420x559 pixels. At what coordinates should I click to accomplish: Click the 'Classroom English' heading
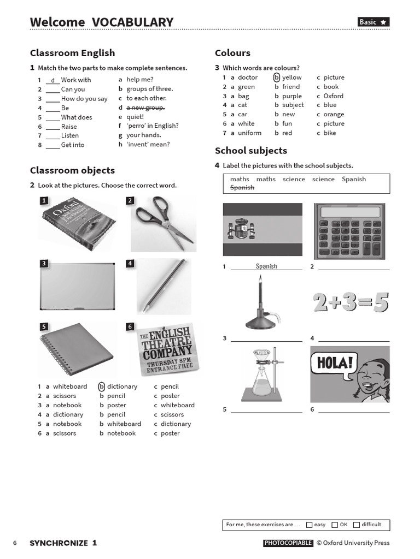coord(72,53)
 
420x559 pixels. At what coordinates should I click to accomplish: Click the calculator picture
coord(351,231)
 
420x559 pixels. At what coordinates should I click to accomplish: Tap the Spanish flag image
coord(262,229)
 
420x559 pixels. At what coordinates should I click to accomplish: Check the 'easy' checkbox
coord(310,525)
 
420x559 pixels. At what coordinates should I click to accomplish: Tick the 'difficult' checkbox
coord(357,525)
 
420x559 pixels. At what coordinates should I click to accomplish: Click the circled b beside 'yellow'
coord(277,78)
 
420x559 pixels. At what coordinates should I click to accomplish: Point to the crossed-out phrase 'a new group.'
coord(145,108)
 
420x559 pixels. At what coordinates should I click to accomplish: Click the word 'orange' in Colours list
coord(334,115)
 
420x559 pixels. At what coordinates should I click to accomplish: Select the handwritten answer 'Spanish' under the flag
coord(266,266)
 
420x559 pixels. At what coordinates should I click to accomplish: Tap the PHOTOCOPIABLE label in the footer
coord(288,543)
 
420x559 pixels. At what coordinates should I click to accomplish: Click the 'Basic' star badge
coord(373,22)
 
